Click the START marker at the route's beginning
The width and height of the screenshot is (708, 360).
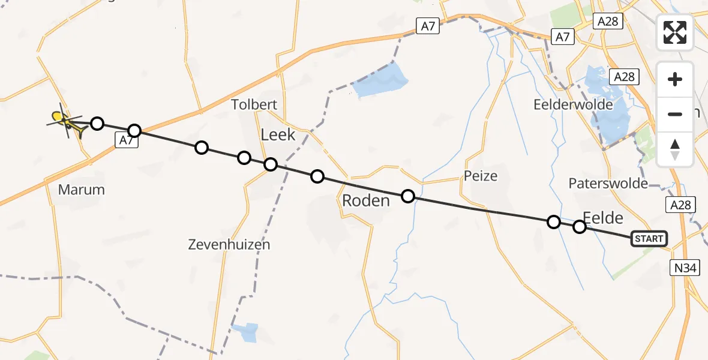point(649,239)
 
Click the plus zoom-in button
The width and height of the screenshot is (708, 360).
point(675,79)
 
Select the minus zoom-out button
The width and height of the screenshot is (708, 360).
point(675,114)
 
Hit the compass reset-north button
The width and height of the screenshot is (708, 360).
point(675,149)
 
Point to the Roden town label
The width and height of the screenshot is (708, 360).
point(366,200)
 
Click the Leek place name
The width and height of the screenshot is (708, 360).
point(278,134)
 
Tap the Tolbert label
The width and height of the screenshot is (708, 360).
point(254,104)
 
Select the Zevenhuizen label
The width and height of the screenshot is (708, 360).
point(229,244)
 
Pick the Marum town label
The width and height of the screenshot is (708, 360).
point(82,190)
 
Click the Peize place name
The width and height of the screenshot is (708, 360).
point(481,176)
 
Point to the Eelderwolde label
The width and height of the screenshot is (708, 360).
point(573,104)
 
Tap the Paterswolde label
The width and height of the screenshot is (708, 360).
point(608,183)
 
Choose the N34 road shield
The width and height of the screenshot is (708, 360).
point(685,268)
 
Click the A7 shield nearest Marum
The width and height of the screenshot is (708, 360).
point(125,140)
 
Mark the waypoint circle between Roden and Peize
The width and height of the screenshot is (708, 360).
point(408,196)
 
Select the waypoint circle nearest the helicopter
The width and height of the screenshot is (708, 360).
point(97,124)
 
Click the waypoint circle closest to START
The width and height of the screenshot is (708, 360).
point(579,227)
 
